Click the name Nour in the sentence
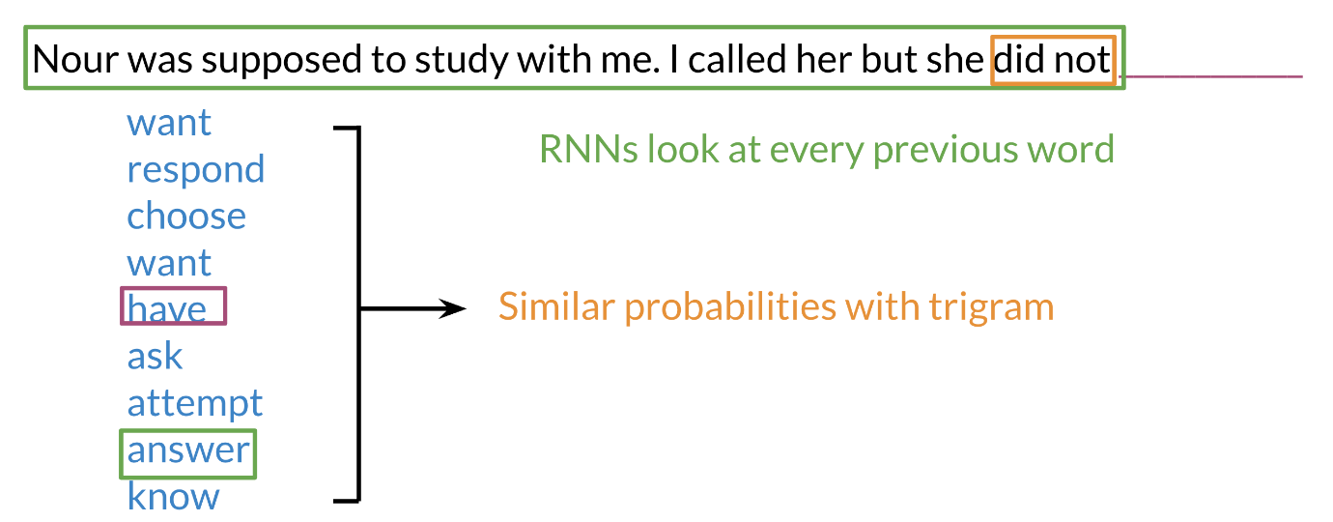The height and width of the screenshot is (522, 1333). (x=76, y=60)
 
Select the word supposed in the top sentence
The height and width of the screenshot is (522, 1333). (x=281, y=62)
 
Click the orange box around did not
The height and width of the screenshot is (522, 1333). (x=1053, y=37)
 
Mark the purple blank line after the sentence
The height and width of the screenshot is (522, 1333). (x=1211, y=76)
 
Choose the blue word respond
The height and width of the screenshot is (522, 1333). (x=196, y=171)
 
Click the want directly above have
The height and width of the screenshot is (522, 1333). (x=170, y=263)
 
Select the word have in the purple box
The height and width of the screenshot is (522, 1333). (x=166, y=308)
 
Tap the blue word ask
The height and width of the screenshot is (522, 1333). (x=155, y=356)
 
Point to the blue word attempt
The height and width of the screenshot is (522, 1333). (x=194, y=405)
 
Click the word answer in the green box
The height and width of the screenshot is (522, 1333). (x=188, y=450)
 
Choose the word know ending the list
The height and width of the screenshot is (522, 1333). (x=173, y=496)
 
